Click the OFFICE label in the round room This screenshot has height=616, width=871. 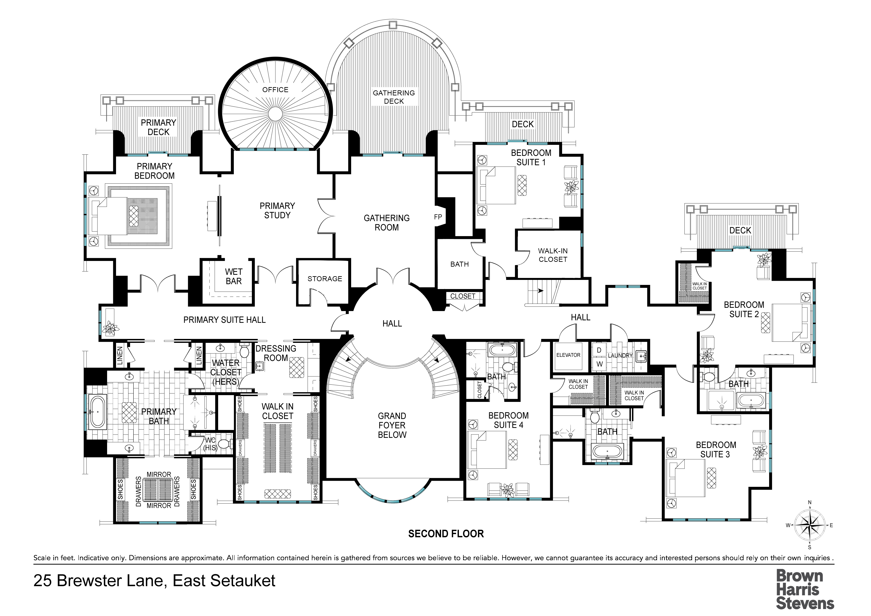(x=275, y=90)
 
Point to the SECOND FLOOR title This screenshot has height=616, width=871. (x=446, y=534)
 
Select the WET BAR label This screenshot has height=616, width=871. (x=233, y=276)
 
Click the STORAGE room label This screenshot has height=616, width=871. (x=325, y=279)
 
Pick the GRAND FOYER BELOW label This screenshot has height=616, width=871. (x=392, y=425)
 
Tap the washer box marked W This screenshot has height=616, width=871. (x=599, y=364)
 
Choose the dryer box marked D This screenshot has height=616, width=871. (x=599, y=350)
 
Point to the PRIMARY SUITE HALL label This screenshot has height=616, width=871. (x=225, y=320)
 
